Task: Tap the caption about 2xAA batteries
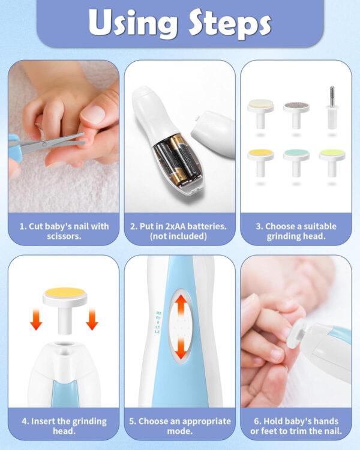click(179, 231)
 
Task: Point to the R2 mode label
click(158, 313)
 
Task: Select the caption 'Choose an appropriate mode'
click(179, 426)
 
